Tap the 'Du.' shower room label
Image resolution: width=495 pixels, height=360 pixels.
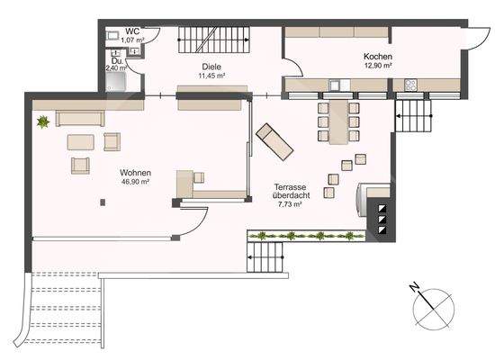[x=116, y=61]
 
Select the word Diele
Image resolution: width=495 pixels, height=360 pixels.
[x=211, y=66]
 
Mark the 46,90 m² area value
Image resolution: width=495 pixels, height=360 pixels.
[x=135, y=182]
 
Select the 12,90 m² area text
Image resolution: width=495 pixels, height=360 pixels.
[x=377, y=65]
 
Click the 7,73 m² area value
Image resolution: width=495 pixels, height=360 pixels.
[x=288, y=205]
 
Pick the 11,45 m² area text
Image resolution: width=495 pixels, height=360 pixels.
[x=210, y=76]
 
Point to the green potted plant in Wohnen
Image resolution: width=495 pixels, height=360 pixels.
[x=41, y=121]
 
